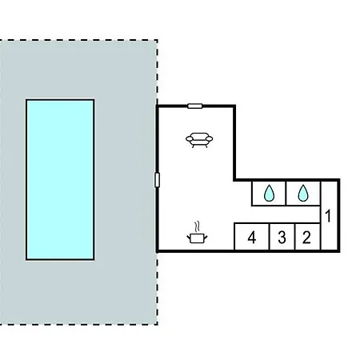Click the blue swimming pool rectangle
[60, 179]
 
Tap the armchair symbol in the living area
[199, 140]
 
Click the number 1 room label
[328, 216]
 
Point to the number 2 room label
[306, 237]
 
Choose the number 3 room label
[282, 237]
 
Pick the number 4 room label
[252, 237]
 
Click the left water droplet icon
[269, 193]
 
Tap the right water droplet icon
[303, 193]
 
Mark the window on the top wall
[195, 106]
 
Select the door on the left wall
[157, 180]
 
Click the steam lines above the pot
[198, 226]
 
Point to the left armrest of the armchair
[189, 138]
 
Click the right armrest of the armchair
[210, 138]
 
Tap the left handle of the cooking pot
[189, 237]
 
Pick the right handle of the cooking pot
[206, 237]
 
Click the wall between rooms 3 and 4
[270, 237]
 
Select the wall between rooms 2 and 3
[295, 237]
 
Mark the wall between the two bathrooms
[286, 194]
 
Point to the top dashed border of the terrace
[78, 40]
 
